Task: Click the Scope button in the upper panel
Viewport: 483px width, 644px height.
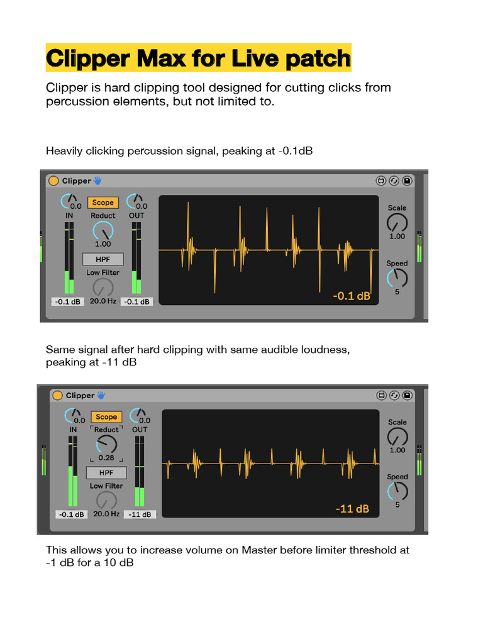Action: (x=103, y=203)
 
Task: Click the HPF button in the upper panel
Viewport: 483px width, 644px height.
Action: (x=103, y=259)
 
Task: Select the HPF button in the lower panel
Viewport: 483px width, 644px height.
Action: (x=106, y=472)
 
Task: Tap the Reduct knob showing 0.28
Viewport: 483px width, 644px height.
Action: (x=106, y=445)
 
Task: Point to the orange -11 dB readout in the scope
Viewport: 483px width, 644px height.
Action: (x=352, y=508)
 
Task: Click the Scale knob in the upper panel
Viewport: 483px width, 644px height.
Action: (x=397, y=222)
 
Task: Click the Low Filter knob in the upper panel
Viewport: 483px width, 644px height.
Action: (x=103, y=287)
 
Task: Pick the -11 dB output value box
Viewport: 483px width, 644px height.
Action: (x=140, y=514)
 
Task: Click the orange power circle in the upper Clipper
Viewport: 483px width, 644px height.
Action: (x=53, y=181)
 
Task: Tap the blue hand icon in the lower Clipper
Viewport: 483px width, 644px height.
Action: (x=101, y=395)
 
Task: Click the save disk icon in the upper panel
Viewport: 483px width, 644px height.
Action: (x=407, y=181)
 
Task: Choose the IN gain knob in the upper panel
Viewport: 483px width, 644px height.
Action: (x=66, y=202)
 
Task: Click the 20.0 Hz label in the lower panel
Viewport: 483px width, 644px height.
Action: (x=106, y=514)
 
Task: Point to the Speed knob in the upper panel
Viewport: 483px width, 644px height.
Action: (x=397, y=278)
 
